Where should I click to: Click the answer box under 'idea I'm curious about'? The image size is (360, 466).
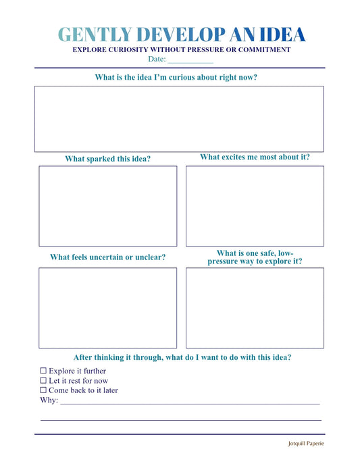point(179,119)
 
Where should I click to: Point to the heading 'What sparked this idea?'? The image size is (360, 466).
point(108,159)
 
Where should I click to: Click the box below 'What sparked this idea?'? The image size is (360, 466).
point(108,206)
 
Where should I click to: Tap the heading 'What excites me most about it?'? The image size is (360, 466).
point(255,157)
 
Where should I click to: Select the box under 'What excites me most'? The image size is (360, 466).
point(255,206)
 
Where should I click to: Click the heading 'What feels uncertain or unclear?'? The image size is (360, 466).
point(108,257)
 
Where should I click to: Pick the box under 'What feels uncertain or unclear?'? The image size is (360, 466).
point(108,308)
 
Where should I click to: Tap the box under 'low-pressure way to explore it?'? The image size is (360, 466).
point(255,308)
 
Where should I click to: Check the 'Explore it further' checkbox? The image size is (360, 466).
point(43,371)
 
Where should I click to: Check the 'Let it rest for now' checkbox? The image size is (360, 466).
point(43,380)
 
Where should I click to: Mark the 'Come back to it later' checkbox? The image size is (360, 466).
point(43,390)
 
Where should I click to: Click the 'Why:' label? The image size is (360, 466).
point(49,400)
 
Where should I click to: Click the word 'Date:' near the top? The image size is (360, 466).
point(157,59)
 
